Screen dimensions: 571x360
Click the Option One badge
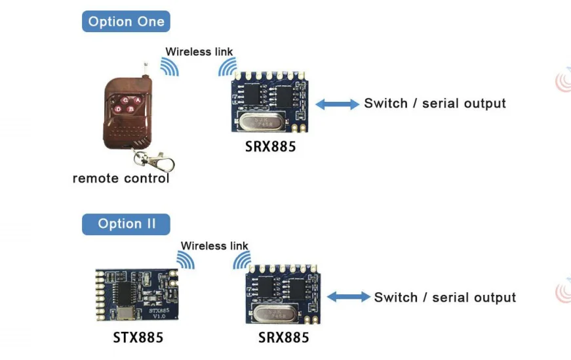click(x=126, y=22)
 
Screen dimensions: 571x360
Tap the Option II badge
click(x=126, y=224)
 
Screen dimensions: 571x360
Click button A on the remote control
click(x=138, y=100)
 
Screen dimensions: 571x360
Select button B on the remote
click(x=130, y=109)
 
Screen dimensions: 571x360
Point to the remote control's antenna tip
click(x=146, y=64)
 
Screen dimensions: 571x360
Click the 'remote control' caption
click(x=121, y=179)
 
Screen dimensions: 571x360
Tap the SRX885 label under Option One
click(x=270, y=146)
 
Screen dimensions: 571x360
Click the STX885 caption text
click(x=138, y=338)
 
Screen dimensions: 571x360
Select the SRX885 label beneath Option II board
click(x=284, y=338)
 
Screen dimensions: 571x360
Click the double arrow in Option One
click(x=337, y=104)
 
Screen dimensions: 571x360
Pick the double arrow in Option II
click(x=349, y=296)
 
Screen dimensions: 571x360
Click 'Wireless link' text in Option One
click(x=199, y=52)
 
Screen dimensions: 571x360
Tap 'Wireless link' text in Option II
click(x=214, y=246)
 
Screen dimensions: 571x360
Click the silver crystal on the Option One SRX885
click(x=261, y=122)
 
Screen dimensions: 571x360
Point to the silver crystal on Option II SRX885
click(x=274, y=313)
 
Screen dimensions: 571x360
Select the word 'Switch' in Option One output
click(x=385, y=103)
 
